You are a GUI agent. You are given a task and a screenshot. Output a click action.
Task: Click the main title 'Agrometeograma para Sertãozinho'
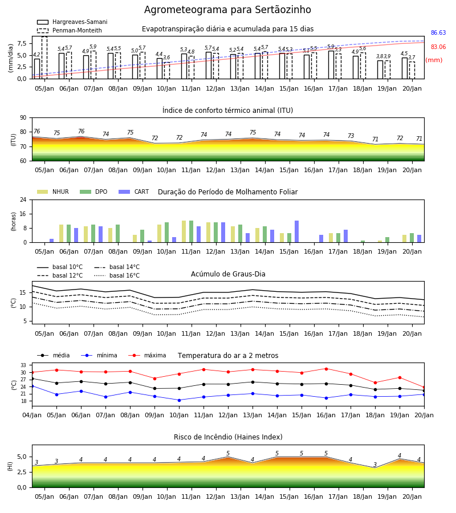[x=227, y=10]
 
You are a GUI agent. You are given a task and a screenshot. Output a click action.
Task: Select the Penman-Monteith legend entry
[x=70, y=30]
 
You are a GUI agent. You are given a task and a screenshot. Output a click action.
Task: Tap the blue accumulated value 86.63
[x=438, y=32]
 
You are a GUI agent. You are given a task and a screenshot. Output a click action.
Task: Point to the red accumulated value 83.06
[x=438, y=47]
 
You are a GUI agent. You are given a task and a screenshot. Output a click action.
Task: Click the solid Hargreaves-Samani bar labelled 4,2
[x=37, y=69]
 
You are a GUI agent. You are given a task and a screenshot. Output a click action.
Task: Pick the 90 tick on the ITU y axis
[x=23, y=118]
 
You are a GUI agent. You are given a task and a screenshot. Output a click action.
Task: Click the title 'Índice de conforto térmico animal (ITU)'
[x=227, y=110]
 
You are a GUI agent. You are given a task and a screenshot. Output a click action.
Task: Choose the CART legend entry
[x=134, y=192]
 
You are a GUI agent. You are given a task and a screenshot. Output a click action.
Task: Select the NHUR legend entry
[x=53, y=192]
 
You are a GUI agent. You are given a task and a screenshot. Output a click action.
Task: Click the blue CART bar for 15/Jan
[x=297, y=231]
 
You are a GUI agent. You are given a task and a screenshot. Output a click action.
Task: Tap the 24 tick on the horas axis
[x=23, y=199]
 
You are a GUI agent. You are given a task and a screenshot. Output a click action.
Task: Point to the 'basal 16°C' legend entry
[x=117, y=275]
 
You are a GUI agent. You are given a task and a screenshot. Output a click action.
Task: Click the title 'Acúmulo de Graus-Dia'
[x=228, y=274]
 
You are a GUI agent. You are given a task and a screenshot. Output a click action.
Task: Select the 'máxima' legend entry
[x=147, y=355]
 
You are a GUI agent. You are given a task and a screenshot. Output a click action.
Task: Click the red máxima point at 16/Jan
[x=326, y=369]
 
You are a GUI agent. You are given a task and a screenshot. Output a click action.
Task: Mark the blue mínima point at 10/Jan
[x=179, y=400]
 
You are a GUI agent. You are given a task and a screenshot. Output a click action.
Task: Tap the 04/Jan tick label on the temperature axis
[x=32, y=415]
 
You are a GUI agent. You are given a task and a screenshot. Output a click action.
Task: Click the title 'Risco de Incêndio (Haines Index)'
[x=228, y=437]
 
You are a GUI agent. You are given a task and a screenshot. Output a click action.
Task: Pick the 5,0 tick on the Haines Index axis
[x=21, y=457]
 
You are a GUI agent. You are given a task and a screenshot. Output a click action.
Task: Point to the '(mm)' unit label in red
[x=434, y=60]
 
